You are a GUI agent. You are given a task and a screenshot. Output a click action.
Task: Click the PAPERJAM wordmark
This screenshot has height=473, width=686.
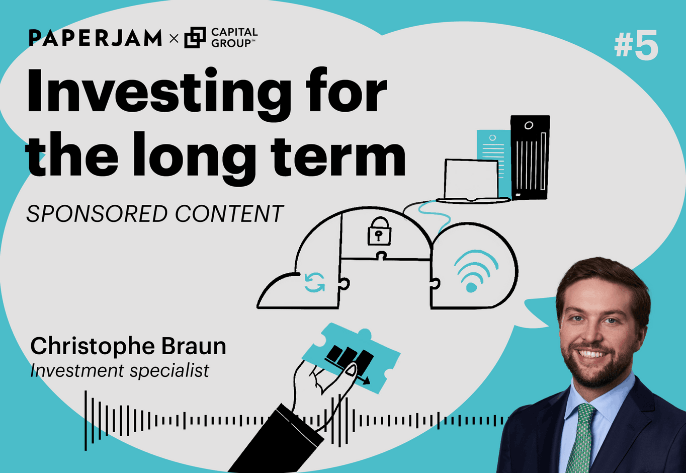(x=95, y=38)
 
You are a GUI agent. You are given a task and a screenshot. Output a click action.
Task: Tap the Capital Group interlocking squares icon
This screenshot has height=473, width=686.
(x=195, y=38)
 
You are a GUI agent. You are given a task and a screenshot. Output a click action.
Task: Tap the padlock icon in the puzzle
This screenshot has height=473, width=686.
(x=379, y=232)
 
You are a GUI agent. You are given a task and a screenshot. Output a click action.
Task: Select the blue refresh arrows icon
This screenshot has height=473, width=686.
(x=315, y=282)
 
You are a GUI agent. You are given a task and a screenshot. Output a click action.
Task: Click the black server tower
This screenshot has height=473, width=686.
(x=530, y=157)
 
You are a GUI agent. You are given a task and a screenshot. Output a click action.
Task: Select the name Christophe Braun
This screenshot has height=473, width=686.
(x=128, y=346)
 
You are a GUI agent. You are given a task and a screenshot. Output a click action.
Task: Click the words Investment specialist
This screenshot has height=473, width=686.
(x=120, y=371)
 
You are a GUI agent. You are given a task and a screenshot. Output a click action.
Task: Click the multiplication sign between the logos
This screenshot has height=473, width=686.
(x=174, y=38)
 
